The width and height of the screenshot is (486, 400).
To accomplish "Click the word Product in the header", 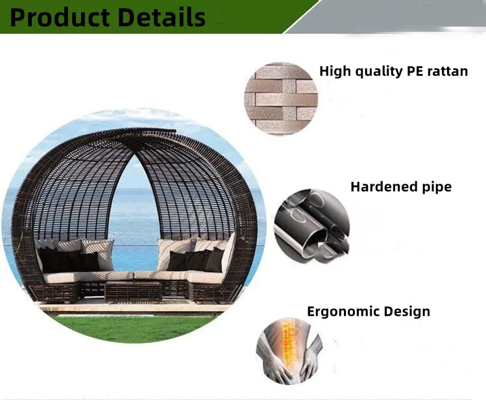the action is tap(59, 18).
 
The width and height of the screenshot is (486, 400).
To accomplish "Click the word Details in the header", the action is tap(162, 18).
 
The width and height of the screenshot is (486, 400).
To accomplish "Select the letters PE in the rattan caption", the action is tap(415, 71).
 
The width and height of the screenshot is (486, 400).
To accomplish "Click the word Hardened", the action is tap(383, 186).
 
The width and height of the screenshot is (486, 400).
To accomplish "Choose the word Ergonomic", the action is tap(343, 312).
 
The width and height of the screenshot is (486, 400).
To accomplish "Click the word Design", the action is tap(407, 312).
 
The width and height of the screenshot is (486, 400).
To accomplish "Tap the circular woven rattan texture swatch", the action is tap(281, 99).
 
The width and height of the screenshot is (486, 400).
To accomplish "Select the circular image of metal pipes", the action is tap(311, 226).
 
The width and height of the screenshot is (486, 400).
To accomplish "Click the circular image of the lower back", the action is tap(289, 351).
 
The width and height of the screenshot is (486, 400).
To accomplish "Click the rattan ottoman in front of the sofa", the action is tap(133, 292).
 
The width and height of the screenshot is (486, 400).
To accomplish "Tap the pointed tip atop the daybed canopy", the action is tap(175, 131).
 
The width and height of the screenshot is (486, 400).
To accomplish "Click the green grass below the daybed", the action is tap(133, 328).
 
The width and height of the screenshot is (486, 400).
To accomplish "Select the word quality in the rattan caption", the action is tap(378, 72).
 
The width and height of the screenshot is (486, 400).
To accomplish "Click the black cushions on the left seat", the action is tap(68, 260).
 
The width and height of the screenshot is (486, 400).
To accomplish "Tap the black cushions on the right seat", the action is tap(196, 260).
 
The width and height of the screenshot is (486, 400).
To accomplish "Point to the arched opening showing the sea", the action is tap(134, 217).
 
